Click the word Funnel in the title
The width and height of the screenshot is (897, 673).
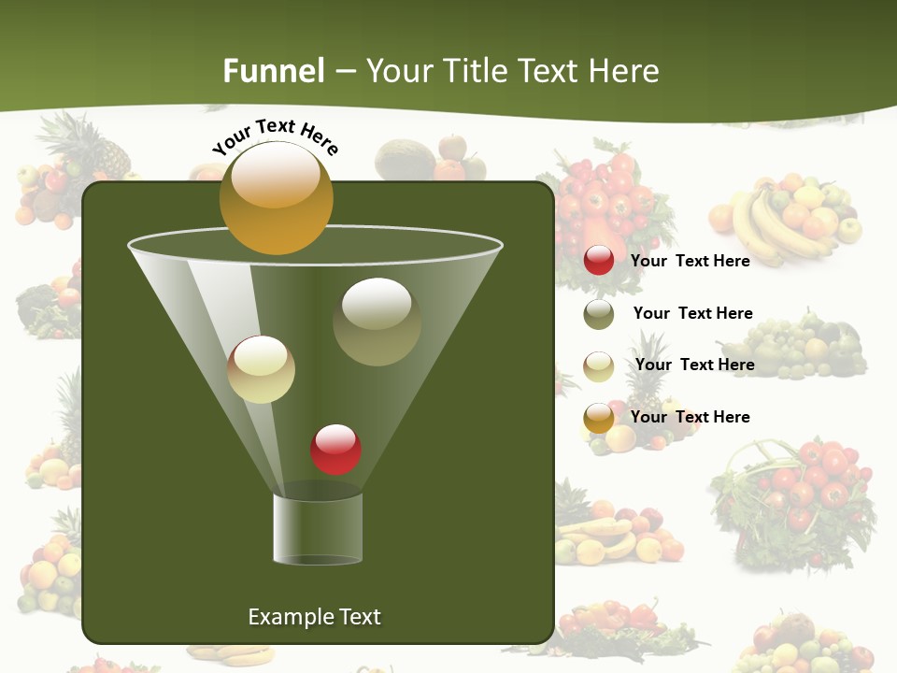click(x=274, y=71)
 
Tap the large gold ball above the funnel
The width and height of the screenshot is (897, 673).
click(x=276, y=197)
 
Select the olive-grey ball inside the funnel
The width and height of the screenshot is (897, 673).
click(x=377, y=321)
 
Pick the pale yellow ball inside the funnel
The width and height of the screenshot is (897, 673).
click(x=261, y=369)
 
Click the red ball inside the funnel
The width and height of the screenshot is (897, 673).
click(x=335, y=449)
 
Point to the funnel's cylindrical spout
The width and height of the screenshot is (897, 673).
click(x=318, y=528)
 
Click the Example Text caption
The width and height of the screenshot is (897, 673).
click(x=314, y=617)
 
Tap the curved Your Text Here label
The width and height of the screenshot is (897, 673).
click(x=275, y=136)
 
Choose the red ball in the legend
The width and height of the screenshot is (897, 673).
click(x=599, y=261)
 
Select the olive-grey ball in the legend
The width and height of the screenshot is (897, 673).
click(x=599, y=314)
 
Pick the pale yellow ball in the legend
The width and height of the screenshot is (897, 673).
click(x=599, y=366)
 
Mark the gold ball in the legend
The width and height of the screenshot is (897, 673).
click(x=599, y=418)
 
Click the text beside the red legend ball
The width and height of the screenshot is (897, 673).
click(x=690, y=261)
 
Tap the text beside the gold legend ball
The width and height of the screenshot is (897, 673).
click(x=690, y=417)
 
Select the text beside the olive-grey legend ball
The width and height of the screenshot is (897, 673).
click(x=692, y=313)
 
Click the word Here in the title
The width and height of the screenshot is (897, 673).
click(x=625, y=71)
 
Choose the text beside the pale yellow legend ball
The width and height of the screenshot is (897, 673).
click(x=694, y=365)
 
